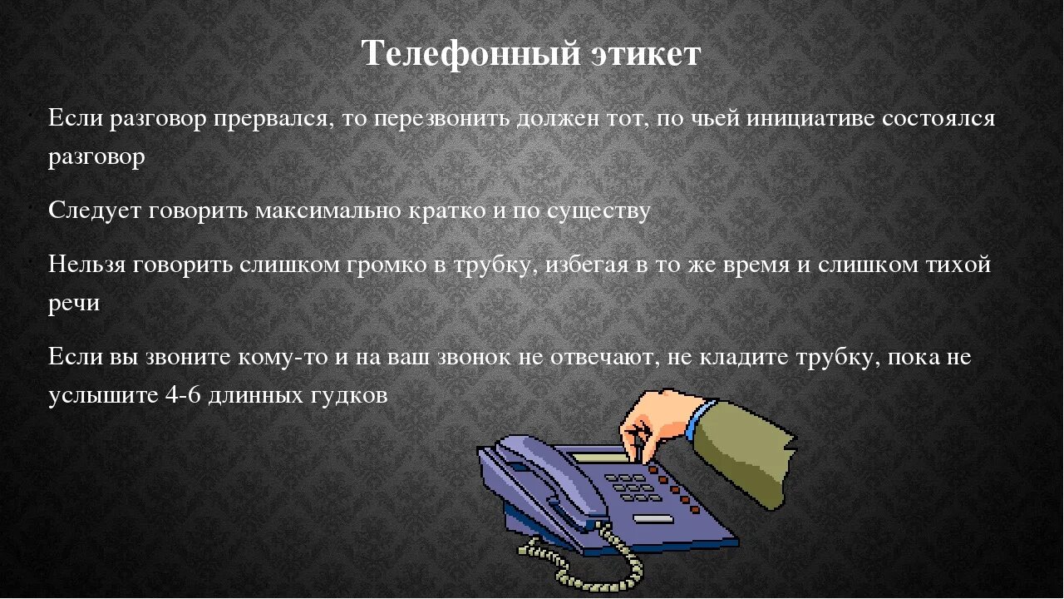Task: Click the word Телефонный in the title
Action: click(470, 54)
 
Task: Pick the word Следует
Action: click(95, 210)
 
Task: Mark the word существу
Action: click(598, 210)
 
